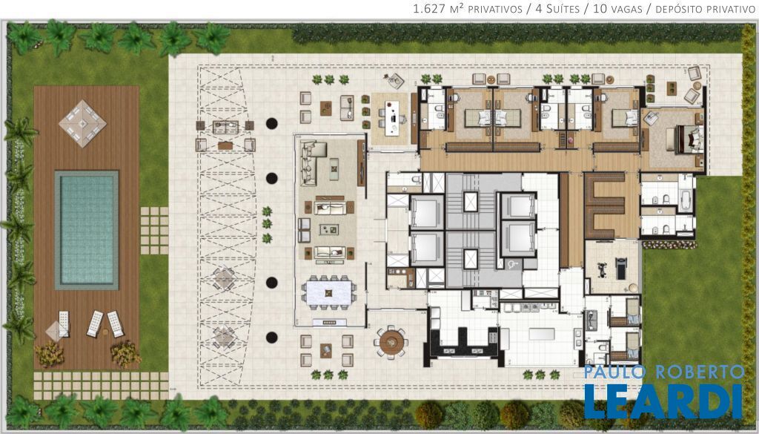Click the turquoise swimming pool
[x=87, y=229]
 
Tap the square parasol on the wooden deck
[x=83, y=123]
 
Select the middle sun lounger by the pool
[x=95, y=323]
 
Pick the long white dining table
[x=328, y=293]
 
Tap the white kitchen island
[x=540, y=335]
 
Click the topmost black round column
[x=271, y=123]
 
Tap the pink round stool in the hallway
[x=571, y=140]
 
